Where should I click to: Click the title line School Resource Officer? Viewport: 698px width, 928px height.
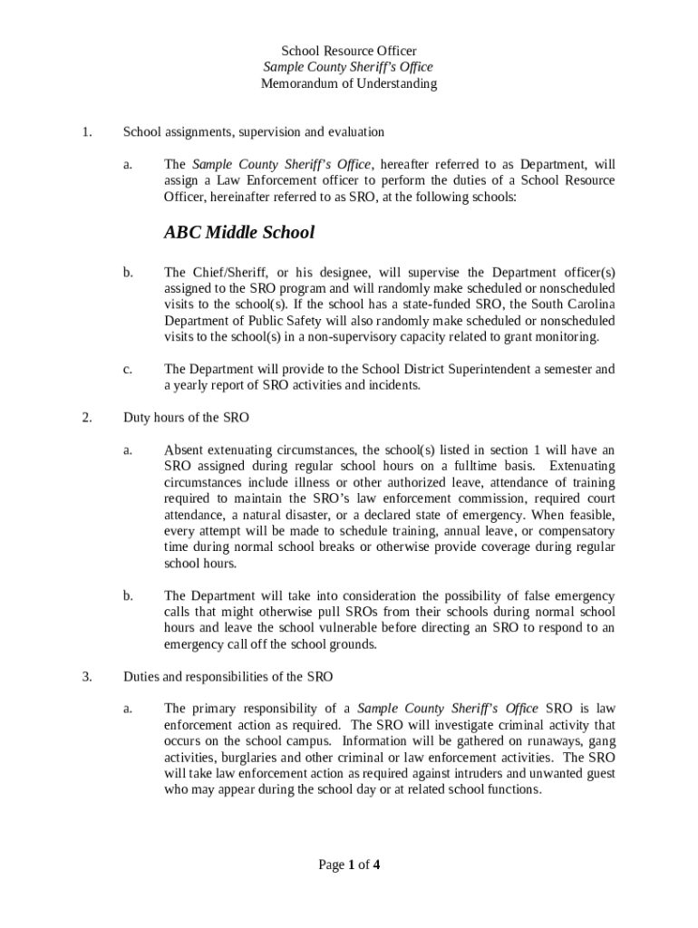coord(349,51)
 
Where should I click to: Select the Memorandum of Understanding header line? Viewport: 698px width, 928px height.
coord(349,83)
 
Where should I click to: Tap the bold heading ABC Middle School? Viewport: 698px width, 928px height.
coord(239,232)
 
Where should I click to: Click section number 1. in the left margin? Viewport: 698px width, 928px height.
coord(86,132)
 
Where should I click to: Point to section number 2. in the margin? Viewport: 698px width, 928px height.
coord(86,418)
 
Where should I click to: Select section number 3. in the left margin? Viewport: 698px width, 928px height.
coord(86,676)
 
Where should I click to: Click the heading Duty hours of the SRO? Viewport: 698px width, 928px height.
coord(186,418)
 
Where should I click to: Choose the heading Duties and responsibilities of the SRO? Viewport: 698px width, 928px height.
coord(228,676)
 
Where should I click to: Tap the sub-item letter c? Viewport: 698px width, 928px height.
coord(128,369)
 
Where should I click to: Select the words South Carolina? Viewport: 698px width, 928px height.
coord(573,304)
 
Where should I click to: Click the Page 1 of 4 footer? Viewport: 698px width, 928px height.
coord(349,865)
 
